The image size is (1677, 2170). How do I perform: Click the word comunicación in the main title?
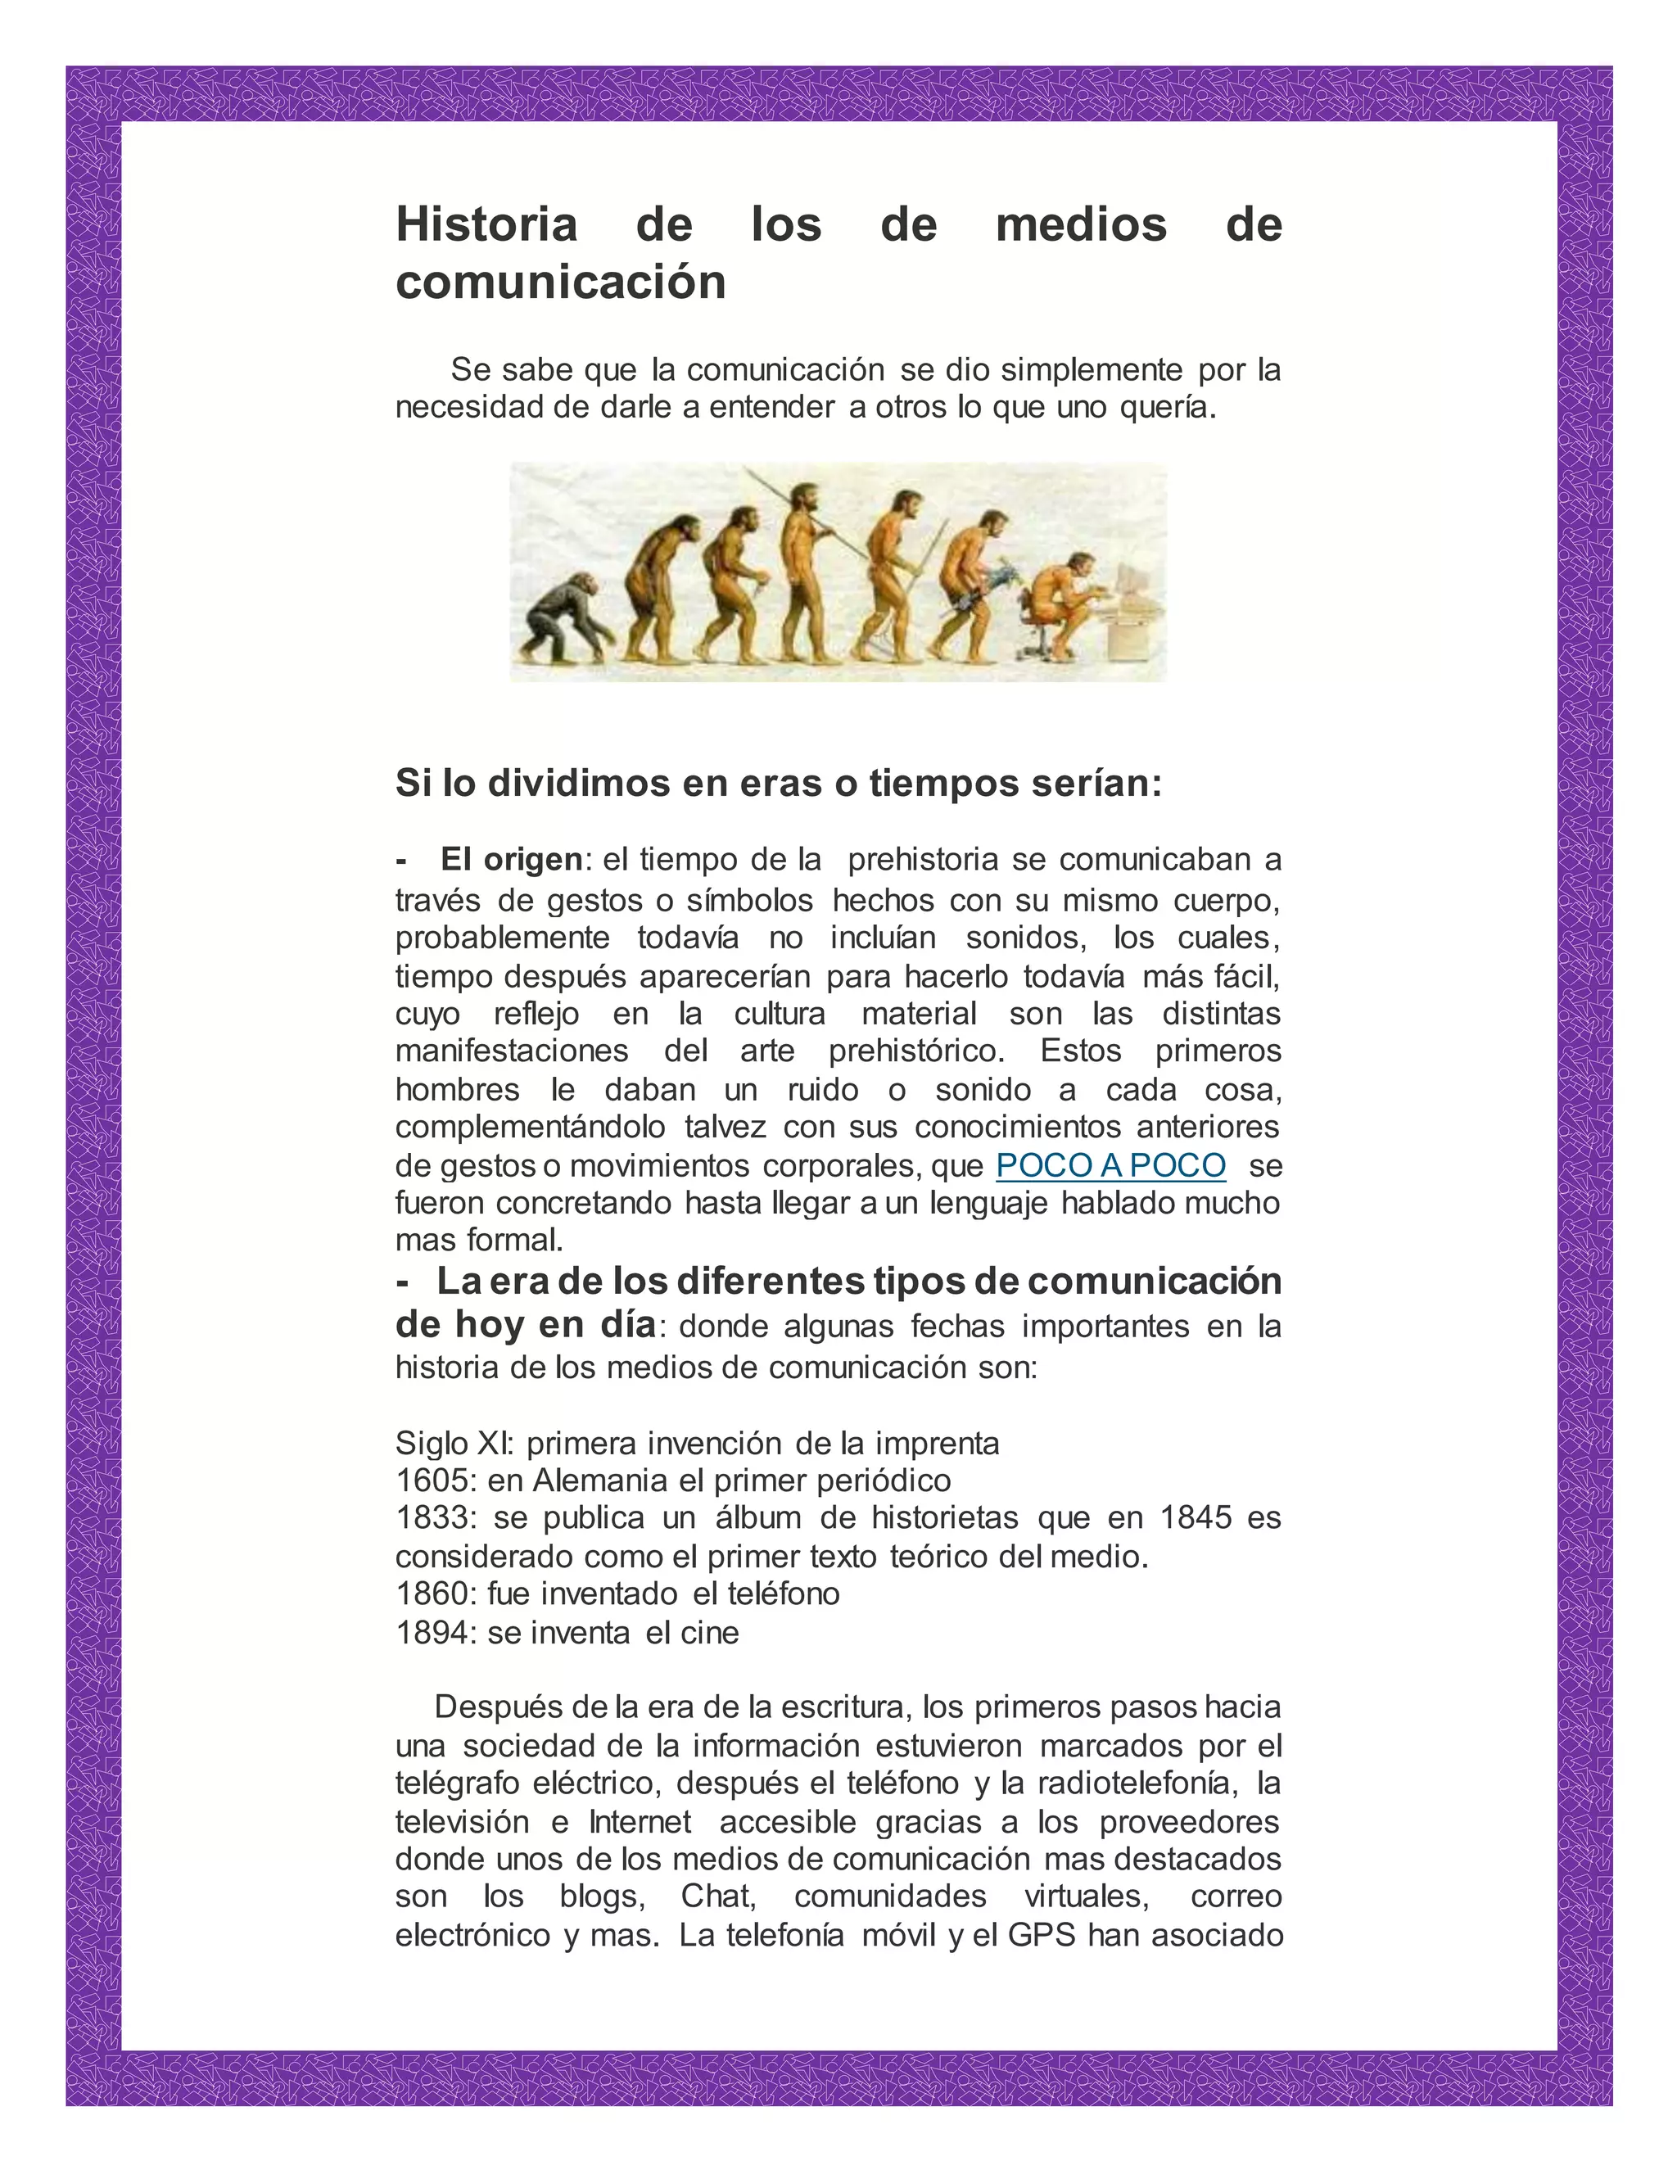(x=560, y=283)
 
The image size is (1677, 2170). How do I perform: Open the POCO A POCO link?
(x=1110, y=1164)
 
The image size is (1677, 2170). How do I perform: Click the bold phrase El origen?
(x=512, y=858)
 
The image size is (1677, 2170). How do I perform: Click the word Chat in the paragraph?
(x=717, y=1896)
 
